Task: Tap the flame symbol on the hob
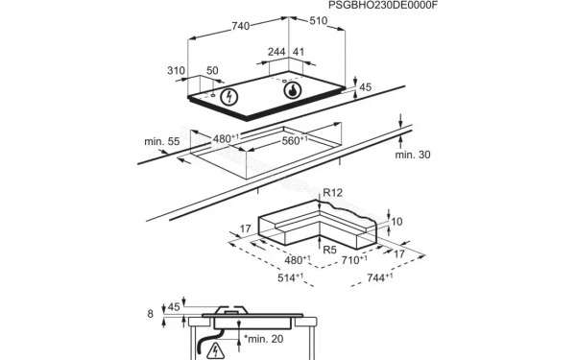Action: click(x=291, y=91)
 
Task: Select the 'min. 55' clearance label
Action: click(x=162, y=141)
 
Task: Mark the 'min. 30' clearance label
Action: click(x=412, y=155)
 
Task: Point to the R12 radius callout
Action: click(x=333, y=194)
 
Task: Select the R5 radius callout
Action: click(x=328, y=250)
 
